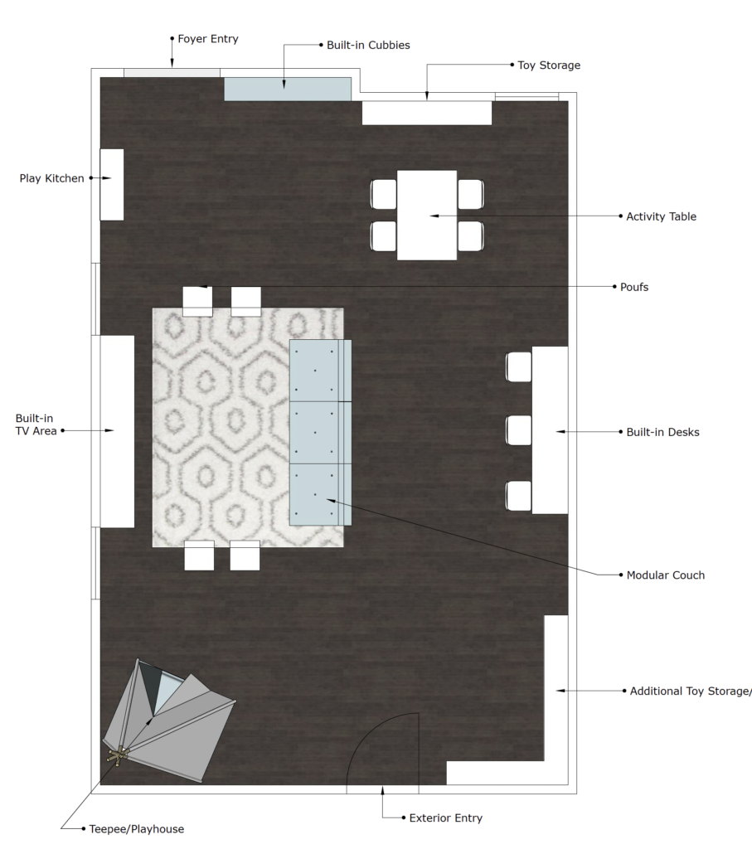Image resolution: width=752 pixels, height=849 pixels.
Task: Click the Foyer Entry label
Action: pos(208,39)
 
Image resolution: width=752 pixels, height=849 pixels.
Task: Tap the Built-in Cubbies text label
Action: pos(368,45)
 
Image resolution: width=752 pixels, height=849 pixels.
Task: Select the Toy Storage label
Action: pos(549,65)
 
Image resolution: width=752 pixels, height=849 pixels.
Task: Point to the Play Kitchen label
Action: pos(52,178)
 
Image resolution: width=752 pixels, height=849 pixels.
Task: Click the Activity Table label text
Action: pos(661,216)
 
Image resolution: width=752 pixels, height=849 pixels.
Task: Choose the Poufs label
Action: pos(634,287)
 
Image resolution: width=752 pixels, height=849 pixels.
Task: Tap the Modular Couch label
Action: pos(666,575)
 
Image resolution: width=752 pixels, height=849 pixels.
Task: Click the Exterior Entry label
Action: pos(445,817)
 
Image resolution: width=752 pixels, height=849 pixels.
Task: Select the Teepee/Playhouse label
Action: pos(137,829)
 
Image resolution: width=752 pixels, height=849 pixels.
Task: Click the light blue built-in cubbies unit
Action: pos(288,89)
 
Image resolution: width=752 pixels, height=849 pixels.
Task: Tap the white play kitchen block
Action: pos(112,185)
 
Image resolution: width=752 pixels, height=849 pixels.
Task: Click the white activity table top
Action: pos(427,216)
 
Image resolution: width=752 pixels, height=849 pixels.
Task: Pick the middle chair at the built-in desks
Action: pos(519,430)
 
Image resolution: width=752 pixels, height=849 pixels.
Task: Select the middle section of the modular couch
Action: pos(321,433)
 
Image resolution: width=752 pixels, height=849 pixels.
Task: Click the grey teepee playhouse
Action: pos(168,721)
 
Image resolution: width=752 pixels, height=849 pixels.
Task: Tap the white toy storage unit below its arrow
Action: pos(427,113)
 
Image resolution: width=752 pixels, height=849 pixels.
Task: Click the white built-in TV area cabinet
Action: pos(117,431)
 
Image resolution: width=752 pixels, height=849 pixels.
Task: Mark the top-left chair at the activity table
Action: pos(384,194)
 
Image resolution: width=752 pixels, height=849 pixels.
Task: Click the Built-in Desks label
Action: pos(662,432)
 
